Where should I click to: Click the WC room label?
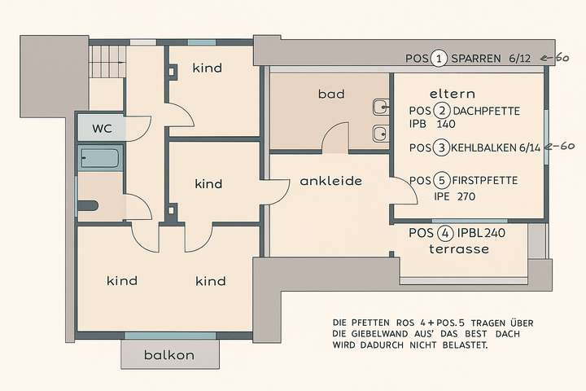point(102,128)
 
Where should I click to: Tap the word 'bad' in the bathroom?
point(331,94)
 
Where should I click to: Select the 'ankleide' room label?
point(330,180)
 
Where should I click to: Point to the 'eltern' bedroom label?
point(452,94)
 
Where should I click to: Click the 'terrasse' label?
point(459,248)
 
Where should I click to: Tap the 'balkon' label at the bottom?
point(168,355)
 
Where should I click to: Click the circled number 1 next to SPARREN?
point(439,58)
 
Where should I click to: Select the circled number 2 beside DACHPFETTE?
point(441,111)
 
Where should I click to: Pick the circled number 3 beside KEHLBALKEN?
point(440,147)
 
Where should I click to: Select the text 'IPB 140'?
point(432,125)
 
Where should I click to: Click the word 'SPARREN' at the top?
point(475,58)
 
